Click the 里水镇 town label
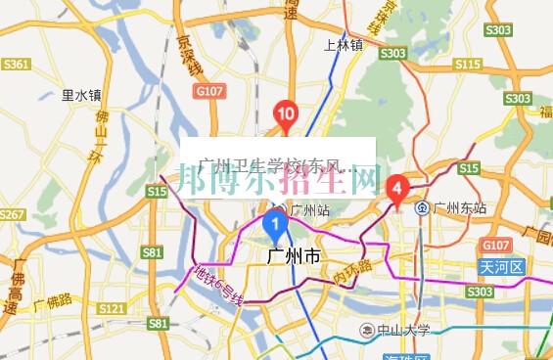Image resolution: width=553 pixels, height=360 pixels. (80, 96)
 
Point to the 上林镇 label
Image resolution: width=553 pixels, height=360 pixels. (343, 45)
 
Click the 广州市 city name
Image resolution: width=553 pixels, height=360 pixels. (293, 257)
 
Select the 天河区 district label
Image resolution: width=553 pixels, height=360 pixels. (503, 267)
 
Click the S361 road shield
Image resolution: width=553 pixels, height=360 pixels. (16, 65)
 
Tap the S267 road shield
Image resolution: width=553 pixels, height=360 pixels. (11, 214)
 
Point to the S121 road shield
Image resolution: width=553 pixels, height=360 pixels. (112, 309)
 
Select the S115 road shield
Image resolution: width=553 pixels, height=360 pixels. (468, 65)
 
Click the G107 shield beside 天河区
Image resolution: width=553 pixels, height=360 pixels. (496, 244)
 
